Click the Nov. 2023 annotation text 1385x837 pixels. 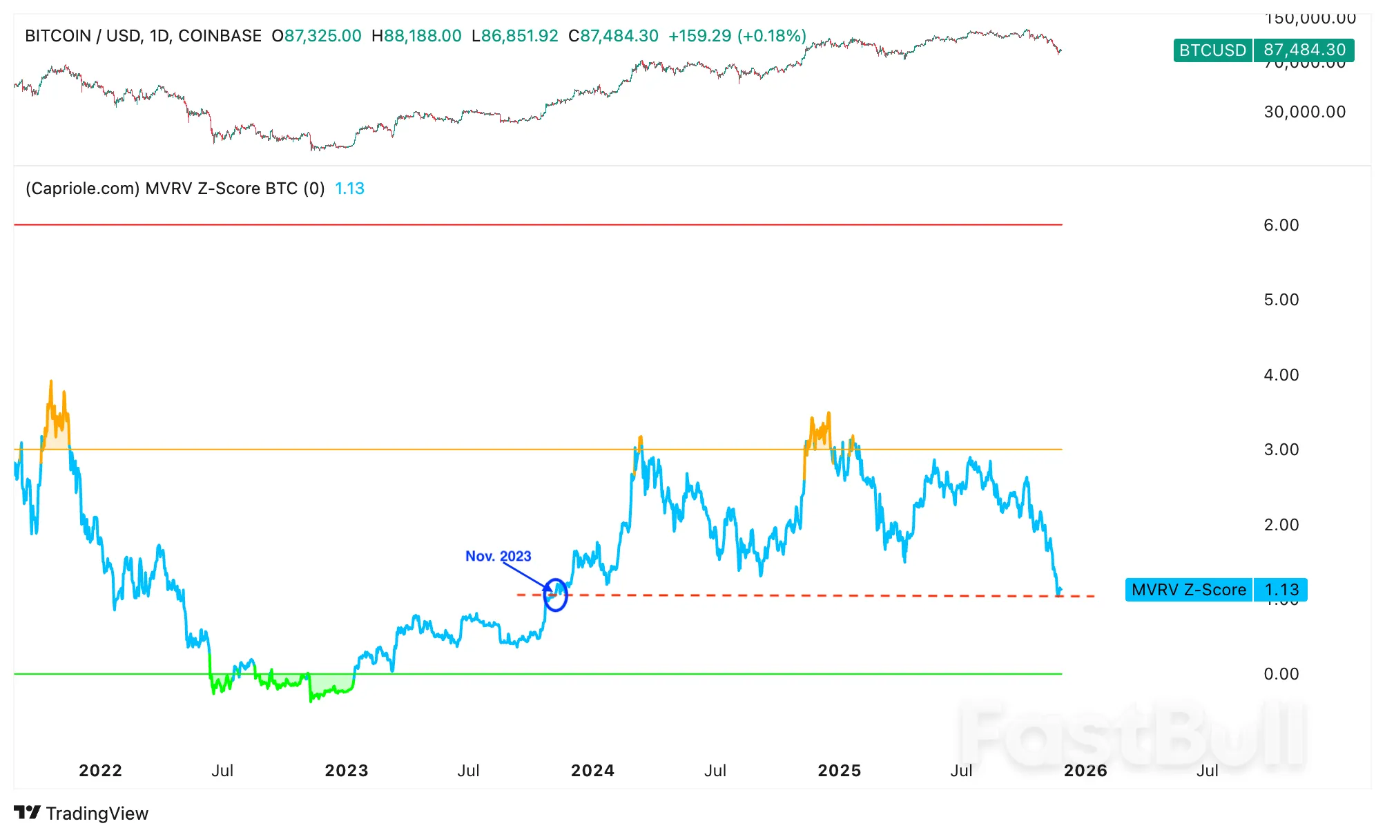click(498, 556)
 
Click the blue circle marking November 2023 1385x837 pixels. click(555, 595)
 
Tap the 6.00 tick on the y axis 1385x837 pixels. click(1281, 225)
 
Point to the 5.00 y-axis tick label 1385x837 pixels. click(1281, 300)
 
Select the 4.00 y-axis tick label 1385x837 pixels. click(1281, 375)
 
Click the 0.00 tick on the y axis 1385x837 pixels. click(1281, 674)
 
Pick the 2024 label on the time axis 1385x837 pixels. click(592, 771)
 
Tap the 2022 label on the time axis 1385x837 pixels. click(100, 771)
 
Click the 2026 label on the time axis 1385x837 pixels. click(1085, 771)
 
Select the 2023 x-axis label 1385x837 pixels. click(347, 771)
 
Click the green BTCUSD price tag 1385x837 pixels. click(1263, 50)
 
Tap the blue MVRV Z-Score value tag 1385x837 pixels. click(1216, 590)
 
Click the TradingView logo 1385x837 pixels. click(81, 814)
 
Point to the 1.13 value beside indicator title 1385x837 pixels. click(349, 189)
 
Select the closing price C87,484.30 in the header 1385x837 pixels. click(613, 36)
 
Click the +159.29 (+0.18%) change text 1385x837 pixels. click(737, 36)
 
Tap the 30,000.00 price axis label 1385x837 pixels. click(1304, 112)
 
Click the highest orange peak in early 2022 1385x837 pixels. click(51, 382)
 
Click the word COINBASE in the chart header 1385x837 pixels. click(220, 36)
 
